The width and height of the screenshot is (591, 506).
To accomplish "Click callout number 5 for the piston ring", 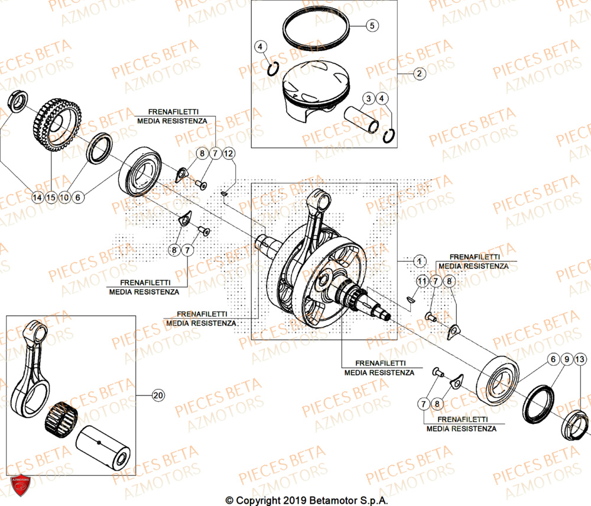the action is pyautogui.click(x=371, y=25).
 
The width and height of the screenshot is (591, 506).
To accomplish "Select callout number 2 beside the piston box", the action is pyautogui.click(x=418, y=74).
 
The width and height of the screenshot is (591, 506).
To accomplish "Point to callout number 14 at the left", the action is pyautogui.click(x=37, y=198).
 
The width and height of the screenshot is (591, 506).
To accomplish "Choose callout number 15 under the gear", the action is pyautogui.click(x=51, y=198).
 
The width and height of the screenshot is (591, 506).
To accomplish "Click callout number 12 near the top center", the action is pyautogui.click(x=229, y=154).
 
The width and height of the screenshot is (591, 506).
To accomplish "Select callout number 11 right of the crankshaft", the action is pyautogui.click(x=422, y=280).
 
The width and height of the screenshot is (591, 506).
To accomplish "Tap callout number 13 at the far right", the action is pyautogui.click(x=580, y=359).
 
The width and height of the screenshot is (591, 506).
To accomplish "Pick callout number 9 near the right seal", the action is pyautogui.click(x=566, y=359).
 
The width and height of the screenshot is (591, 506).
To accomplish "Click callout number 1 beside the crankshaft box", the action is pyautogui.click(x=418, y=261).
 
